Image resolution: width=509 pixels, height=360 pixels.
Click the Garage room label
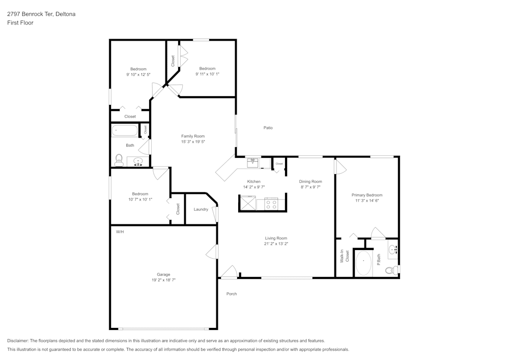point(163,274)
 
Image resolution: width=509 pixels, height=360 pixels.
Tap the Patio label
point(268,128)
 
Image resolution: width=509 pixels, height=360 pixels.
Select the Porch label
point(231,294)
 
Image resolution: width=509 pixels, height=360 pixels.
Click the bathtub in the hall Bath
point(125,131)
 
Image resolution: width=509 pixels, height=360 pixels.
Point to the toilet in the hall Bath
point(119,161)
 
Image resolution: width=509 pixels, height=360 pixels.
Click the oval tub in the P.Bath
point(363,263)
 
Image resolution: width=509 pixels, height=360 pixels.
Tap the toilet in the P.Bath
point(391,270)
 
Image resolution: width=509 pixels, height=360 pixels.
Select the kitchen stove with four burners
point(271,204)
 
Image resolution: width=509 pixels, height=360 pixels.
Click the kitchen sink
point(253,163)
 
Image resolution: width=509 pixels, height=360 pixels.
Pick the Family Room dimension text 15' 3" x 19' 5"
point(193,142)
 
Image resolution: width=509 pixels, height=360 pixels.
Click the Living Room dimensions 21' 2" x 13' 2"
point(276,244)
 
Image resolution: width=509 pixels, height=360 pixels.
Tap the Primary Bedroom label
point(366,195)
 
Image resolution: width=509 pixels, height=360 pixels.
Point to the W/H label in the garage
point(120,232)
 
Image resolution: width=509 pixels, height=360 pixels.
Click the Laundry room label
point(201,209)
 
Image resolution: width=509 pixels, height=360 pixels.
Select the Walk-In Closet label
point(345,256)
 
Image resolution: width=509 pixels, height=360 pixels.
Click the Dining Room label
point(310,181)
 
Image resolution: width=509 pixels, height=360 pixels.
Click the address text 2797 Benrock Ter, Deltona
point(41,14)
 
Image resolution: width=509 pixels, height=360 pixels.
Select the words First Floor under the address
point(20,23)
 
